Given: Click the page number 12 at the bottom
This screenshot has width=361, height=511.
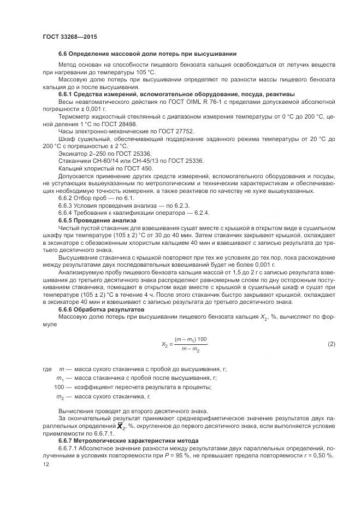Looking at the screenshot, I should click(46, 465).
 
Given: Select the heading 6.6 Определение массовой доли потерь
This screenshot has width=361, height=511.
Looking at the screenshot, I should click(147, 54).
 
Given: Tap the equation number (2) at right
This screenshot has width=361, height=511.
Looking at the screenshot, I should click(331, 344).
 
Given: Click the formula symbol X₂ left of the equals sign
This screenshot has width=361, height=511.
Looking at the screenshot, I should click(164, 344).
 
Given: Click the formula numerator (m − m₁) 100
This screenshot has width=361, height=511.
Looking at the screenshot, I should click(191, 339).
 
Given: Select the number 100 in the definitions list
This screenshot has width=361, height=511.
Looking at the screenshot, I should click(59, 387).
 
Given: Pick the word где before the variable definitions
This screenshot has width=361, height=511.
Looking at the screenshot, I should click(46, 369).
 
